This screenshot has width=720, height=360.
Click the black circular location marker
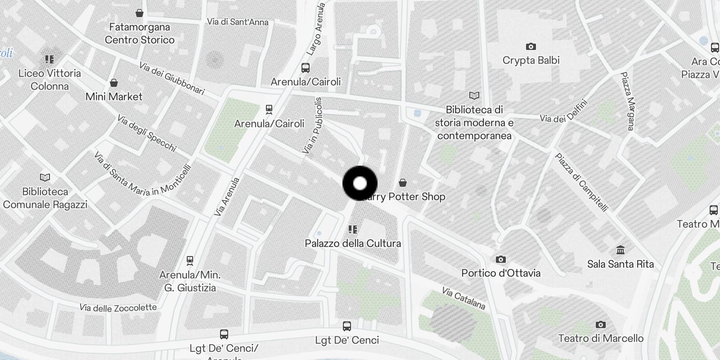coord(360,184)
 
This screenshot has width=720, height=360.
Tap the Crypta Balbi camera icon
coord(531,46)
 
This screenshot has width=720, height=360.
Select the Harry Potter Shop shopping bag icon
coord(403,183)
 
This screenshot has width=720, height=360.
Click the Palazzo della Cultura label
coord(353,243)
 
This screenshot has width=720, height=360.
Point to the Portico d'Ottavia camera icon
coord(501,259)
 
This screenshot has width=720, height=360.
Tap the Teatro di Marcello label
coord(601,338)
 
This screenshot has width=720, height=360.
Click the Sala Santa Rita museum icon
coord(621,250)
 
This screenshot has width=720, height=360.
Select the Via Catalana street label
coord(463,298)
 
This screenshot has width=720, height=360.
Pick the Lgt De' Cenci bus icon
coord(347,326)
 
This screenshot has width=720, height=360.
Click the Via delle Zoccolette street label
coord(118,308)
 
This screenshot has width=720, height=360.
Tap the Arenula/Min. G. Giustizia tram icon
coord(190,260)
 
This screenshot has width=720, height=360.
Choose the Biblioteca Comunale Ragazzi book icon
coord(45,177)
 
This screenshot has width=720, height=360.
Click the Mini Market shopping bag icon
coord(114,83)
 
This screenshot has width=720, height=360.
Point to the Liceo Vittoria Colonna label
coord(49,80)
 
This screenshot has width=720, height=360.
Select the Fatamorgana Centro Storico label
coord(139,33)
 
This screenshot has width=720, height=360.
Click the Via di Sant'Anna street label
coord(238,22)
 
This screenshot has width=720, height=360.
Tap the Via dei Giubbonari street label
coord(171,79)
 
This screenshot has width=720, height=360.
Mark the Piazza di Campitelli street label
coord(581,182)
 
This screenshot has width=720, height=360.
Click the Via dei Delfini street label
coord(564,112)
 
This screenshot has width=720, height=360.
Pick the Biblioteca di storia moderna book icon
coord(474,95)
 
